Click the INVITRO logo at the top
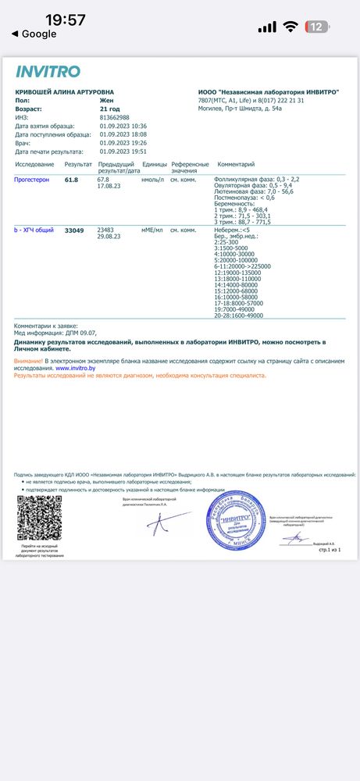coord(48,72)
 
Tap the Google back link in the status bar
coord(34,34)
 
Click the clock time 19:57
coord(66,20)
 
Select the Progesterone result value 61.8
coord(71,180)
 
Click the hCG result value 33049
coord(74,230)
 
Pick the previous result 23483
coord(105,230)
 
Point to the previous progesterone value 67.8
coord(103,180)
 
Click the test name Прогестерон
coord(32,180)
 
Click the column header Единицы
coord(152,165)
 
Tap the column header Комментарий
coord(236,165)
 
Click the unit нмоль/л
coord(151,180)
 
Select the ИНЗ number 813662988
coord(115,117)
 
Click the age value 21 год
coord(110,109)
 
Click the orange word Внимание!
coord(28,361)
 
